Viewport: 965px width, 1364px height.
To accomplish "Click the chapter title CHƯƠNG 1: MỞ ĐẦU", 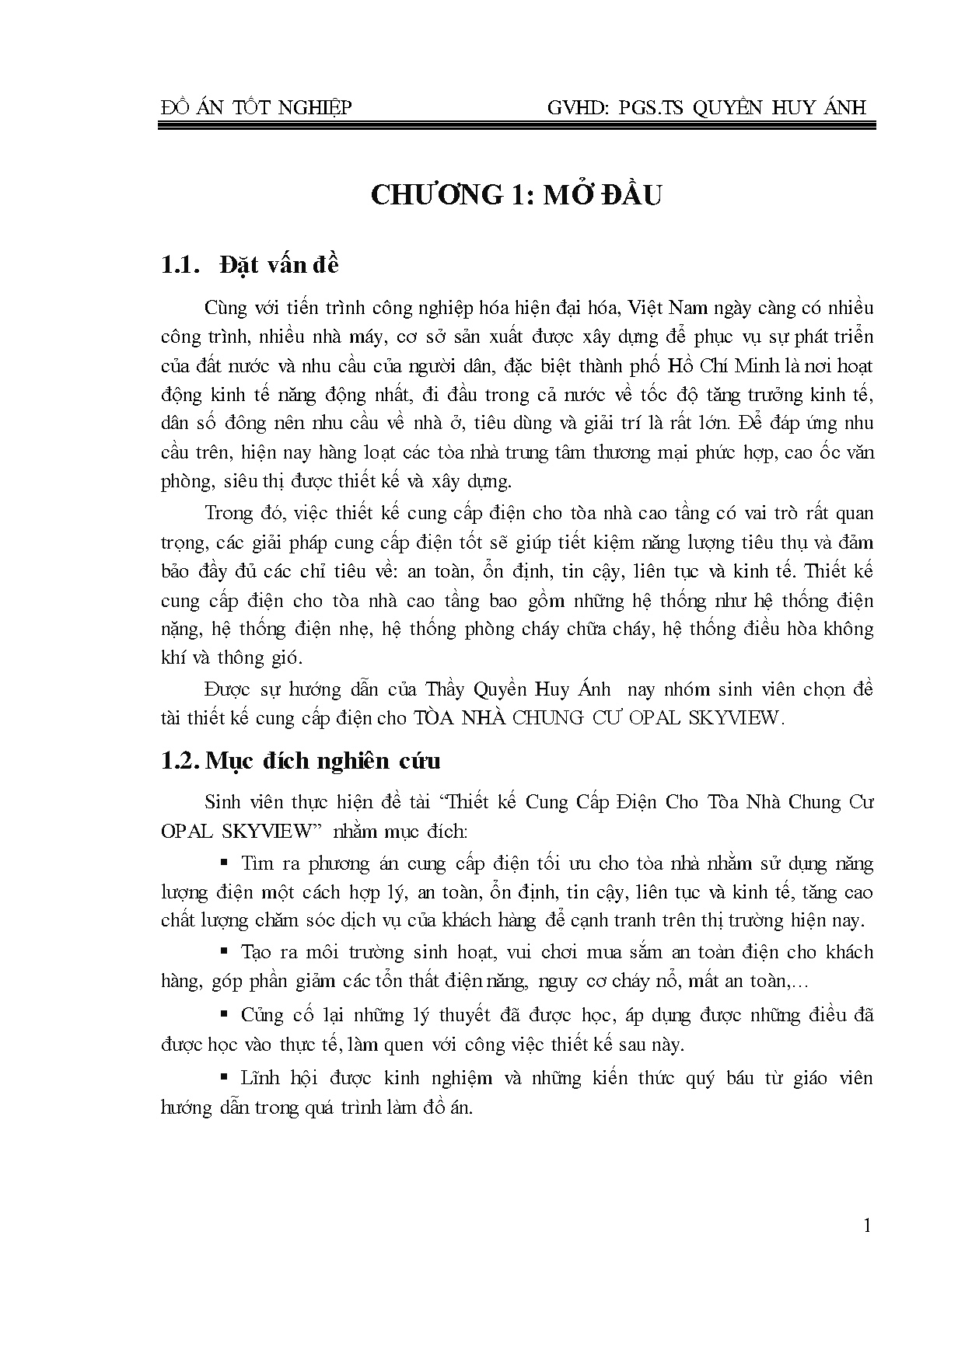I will pos(516,195).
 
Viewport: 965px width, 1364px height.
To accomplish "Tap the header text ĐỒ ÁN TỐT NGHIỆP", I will pos(256,107).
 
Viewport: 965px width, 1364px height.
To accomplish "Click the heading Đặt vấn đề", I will pos(279,265).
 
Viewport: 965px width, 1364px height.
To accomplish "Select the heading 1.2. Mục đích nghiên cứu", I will pos(300,760).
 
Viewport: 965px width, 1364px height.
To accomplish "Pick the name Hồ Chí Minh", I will pos(707,365).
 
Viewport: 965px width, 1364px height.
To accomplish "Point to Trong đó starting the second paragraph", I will pos(237,513).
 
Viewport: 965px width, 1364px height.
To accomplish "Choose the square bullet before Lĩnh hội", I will pos(225,1076).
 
